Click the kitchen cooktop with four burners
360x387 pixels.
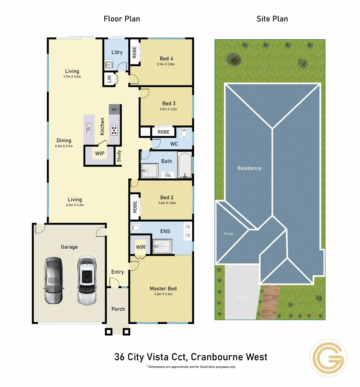[114, 130]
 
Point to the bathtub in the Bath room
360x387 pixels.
[185, 166]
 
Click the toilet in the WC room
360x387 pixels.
[185, 133]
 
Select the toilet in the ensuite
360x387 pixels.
[136, 227]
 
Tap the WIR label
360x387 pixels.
[140, 247]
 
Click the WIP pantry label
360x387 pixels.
[100, 154]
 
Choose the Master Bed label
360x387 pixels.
[163, 288]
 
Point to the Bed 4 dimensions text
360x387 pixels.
[166, 64]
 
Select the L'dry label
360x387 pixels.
[117, 52]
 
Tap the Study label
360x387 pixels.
[119, 156]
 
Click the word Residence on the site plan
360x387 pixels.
[250, 168]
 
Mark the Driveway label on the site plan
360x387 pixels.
[240, 297]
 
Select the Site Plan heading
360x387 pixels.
[272, 19]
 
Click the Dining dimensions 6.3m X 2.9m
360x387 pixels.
[64, 146]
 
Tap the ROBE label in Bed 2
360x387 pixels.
[135, 207]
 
